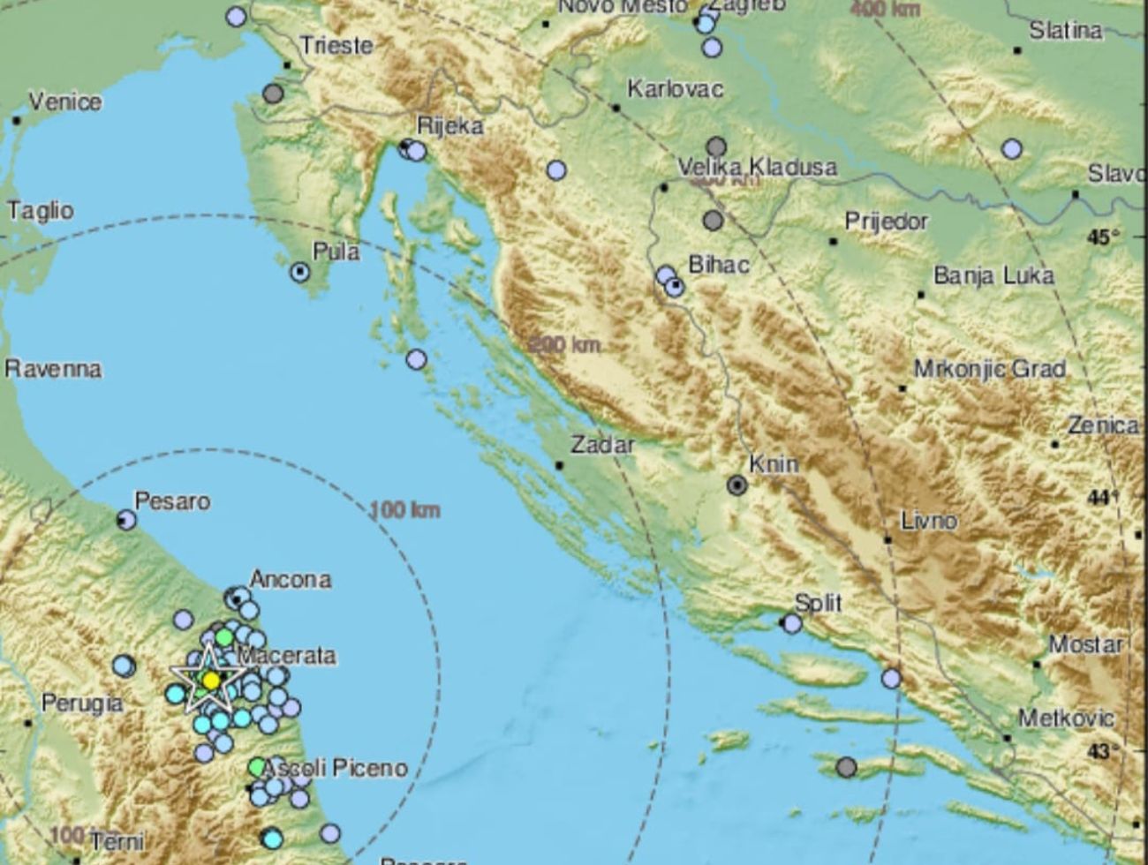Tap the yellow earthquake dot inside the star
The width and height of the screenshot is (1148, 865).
[x=211, y=680]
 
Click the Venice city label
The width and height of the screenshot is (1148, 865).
[x=65, y=102]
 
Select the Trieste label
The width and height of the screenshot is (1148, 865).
[x=336, y=46]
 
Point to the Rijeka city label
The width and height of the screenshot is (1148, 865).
[x=450, y=126]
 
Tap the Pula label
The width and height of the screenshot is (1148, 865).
[x=336, y=252]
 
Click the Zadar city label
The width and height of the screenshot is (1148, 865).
[x=602, y=445]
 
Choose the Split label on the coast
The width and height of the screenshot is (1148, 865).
[x=818, y=604]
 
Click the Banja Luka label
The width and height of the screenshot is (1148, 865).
[x=993, y=276]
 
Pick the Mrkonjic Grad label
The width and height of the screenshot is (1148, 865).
[x=990, y=368]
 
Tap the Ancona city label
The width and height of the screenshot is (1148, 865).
[x=291, y=580]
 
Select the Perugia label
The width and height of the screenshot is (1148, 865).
[x=82, y=703]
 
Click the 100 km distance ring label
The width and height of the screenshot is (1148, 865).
[x=404, y=509]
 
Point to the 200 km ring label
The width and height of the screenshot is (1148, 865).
[x=565, y=344]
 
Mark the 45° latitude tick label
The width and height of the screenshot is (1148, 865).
[x=1104, y=237]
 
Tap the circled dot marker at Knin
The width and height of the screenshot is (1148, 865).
[x=736, y=485]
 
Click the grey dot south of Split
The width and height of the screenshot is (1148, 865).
[x=846, y=766]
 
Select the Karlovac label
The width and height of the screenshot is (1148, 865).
[x=675, y=89]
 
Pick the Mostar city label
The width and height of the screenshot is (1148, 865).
[x=1085, y=644]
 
